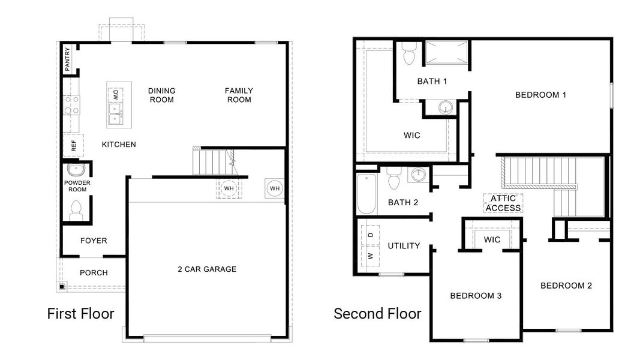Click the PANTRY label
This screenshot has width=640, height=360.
pyautogui.click(x=67, y=60)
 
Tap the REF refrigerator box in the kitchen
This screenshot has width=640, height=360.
pyautogui.click(x=74, y=145)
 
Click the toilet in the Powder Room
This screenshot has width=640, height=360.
pyautogui.click(x=76, y=209)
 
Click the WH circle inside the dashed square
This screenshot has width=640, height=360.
pyautogui.click(x=229, y=188)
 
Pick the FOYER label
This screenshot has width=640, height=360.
pyautogui.click(x=94, y=241)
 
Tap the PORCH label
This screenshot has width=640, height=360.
pyautogui.click(x=94, y=272)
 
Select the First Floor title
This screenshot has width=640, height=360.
pyautogui.click(x=80, y=313)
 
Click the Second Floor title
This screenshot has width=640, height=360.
pyautogui.click(x=377, y=313)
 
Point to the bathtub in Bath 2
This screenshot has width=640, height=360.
pyautogui.click(x=366, y=193)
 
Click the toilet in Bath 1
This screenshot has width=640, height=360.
pyautogui.click(x=410, y=54)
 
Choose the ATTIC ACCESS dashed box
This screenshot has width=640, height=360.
pyautogui.click(x=503, y=203)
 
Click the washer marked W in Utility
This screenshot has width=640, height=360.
pyautogui.click(x=370, y=256)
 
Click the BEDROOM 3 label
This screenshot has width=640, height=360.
pyautogui.click(x=476, y=295)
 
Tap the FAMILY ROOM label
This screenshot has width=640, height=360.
pyautogui.click(x=239, y=95)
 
